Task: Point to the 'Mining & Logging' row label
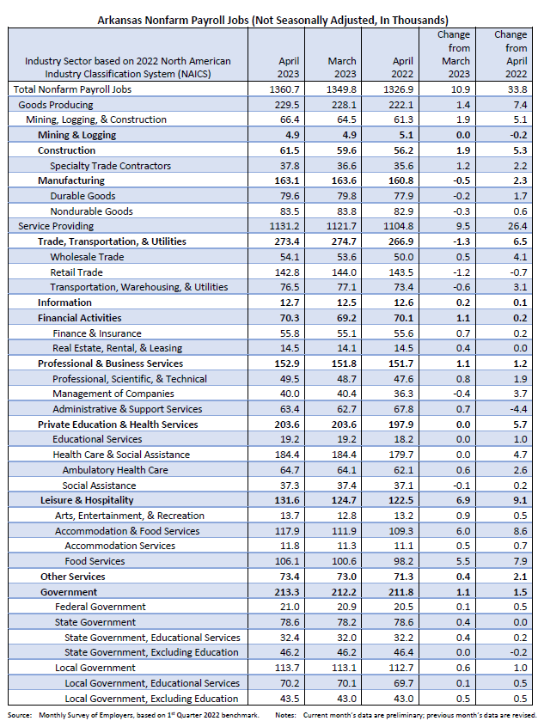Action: click(76, 135)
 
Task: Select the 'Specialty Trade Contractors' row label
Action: click(110, 166)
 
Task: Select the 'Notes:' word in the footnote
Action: click(286, 715)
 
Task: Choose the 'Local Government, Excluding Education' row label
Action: click(151, 699)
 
